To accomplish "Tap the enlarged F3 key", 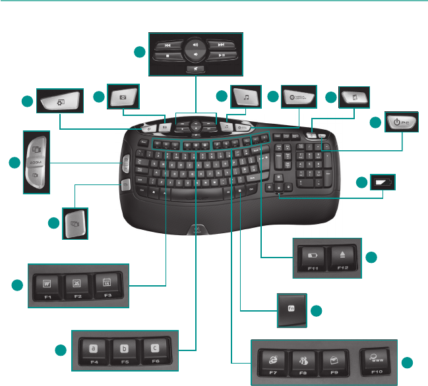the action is (104, 285).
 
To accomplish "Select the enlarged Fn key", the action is (290, 309).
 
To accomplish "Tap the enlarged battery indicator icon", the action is (382, 182).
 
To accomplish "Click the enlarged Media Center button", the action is (298, 98).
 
